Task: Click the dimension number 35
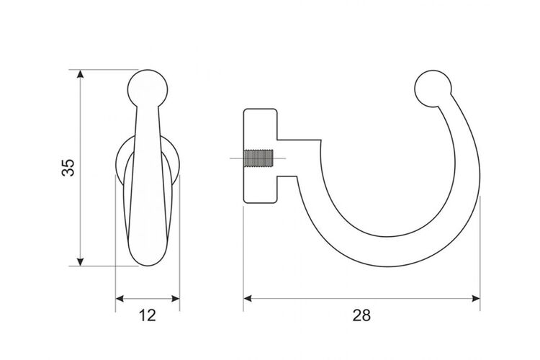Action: click(x=68, y=168)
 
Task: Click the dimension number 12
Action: click(x=148, y=315)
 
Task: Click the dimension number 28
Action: click(x=361, y=315)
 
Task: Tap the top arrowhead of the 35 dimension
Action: click(x=80, y=73)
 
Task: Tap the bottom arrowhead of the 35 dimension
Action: click(x=80, y=262)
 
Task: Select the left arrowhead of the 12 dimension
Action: click(x=120, y=299)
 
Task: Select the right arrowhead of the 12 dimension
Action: click(x=176, y=299)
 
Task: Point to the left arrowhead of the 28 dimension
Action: click(x=248, y=298)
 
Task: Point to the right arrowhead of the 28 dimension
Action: click(x=476, y=298)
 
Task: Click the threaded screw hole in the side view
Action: click(x=258, y=158)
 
